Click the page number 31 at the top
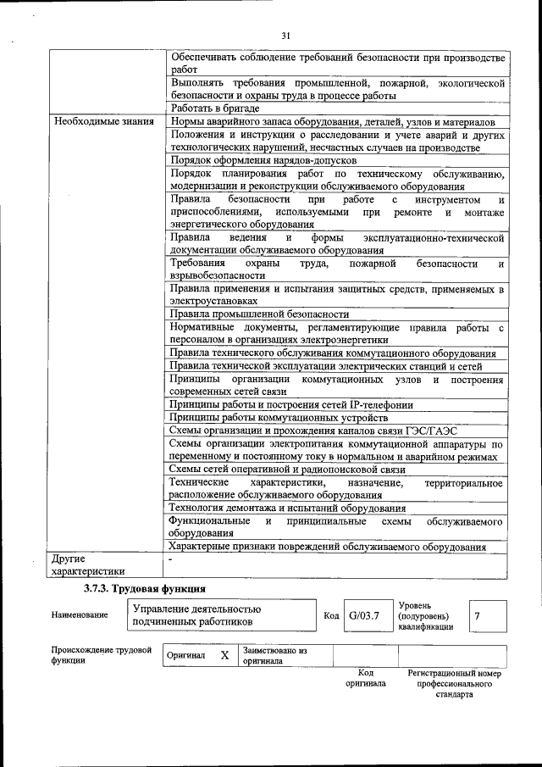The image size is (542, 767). coord(285,35)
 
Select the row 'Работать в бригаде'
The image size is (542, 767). coord(213,108)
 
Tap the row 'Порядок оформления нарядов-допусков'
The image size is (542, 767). coord(263,160)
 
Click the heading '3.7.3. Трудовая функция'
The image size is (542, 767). coord(144,587)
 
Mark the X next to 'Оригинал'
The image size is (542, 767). coord(224,656)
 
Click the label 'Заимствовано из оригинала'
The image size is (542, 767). coord(274,656)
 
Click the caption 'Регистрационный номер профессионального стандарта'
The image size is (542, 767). coord(454,684)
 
